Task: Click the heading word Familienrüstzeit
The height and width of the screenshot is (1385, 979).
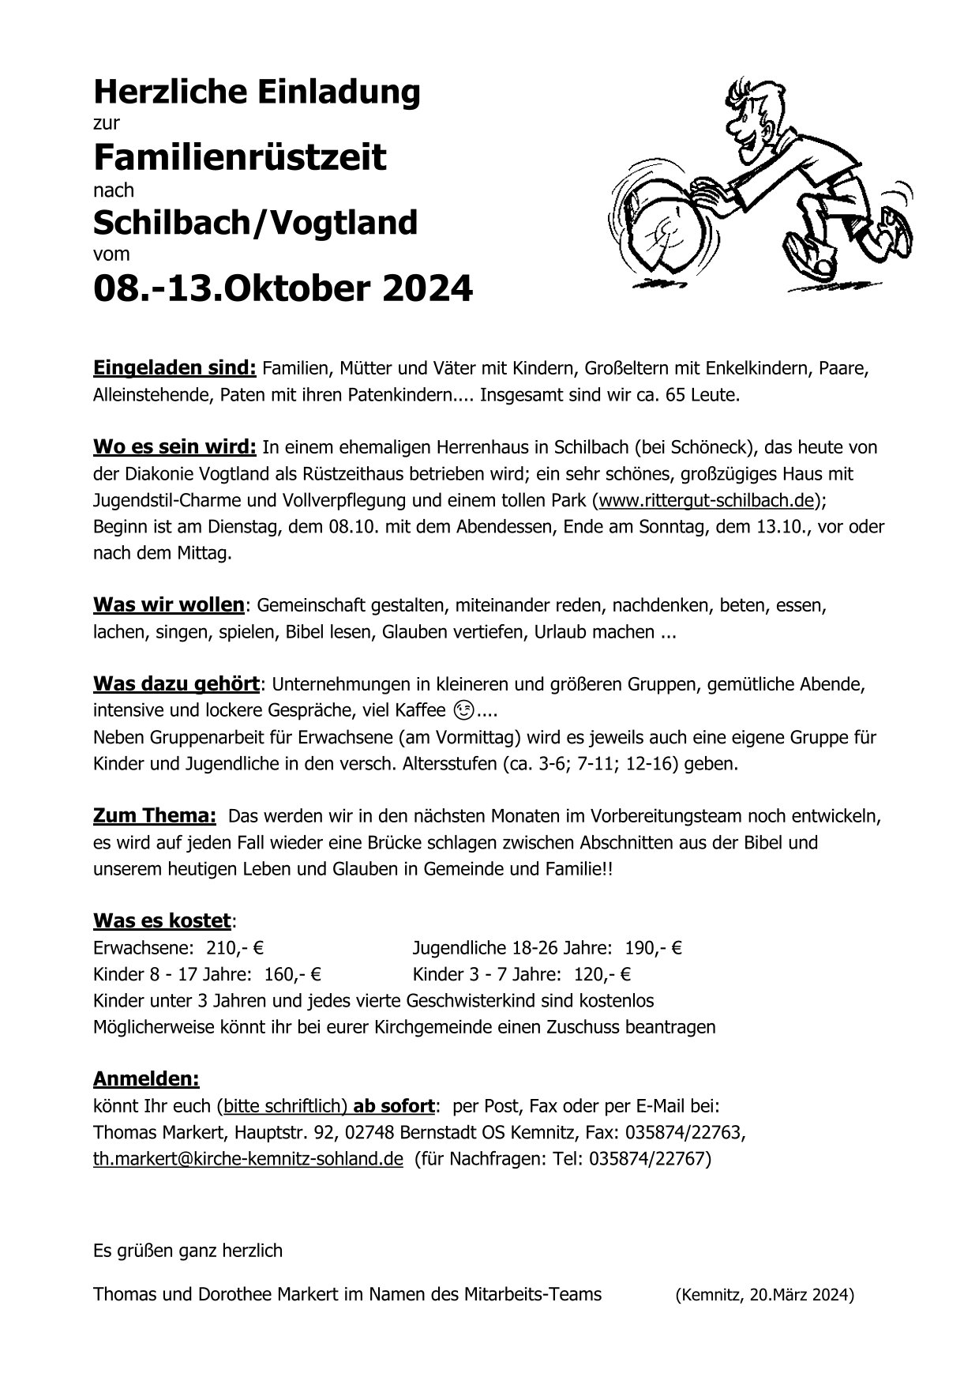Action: (240, 157)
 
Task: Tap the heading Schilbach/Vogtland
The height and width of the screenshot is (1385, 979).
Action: (255, 223)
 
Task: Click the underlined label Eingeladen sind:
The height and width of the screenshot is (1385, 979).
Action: (174, 367)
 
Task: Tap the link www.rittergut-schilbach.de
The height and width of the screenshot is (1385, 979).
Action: (707, 500)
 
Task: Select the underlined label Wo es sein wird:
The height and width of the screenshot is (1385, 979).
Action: (174, 447)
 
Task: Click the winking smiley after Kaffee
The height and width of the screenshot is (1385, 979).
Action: (466, 710)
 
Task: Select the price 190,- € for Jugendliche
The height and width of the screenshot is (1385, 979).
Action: (654, 948)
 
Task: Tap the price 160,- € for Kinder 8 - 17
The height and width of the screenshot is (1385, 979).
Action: (293, 974)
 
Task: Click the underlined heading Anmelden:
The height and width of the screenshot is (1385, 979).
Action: (146, 1078)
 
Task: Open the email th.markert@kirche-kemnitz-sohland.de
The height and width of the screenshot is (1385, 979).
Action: (248, 1159)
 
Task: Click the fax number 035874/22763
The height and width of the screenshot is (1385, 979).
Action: (684, 1133)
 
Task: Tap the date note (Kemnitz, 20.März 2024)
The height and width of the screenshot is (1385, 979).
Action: (764, 1295)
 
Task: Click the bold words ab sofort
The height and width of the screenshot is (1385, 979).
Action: (394, 1105)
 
